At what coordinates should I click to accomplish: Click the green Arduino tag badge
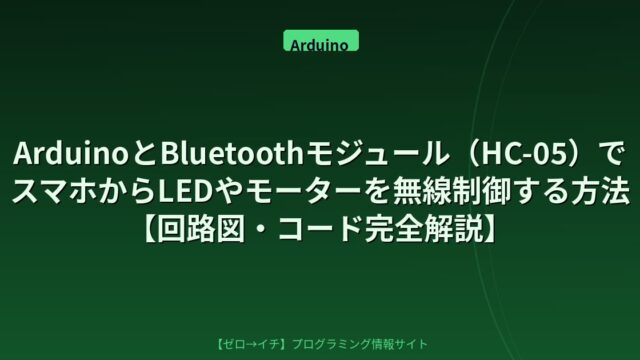point(321,40)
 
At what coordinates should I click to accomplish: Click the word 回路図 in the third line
point(200,229)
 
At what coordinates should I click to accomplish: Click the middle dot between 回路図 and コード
point(261,229)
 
